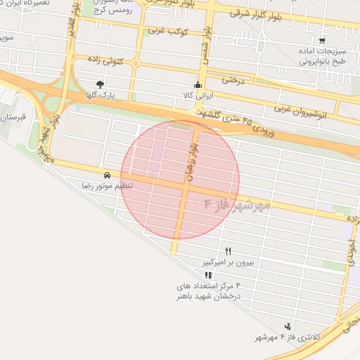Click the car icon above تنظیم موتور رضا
pyautogui.click(x=106, y=174)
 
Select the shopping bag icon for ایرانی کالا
pyautogui.click(x=198, y=86)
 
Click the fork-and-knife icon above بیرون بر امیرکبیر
pyautogui.click(x=228, y=251)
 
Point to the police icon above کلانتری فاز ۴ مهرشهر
pyautogui.click(x=288, y=326)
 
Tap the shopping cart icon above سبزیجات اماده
pyautogui.click(x=321, y=41)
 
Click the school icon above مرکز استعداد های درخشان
pyautogui.click(x=207, y=275)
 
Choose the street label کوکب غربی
pyautogui.click(x=166, y=32)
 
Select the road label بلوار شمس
pyautogui.click(x=205, y=46)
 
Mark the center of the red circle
pyautogui.click(x=180, y=180)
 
